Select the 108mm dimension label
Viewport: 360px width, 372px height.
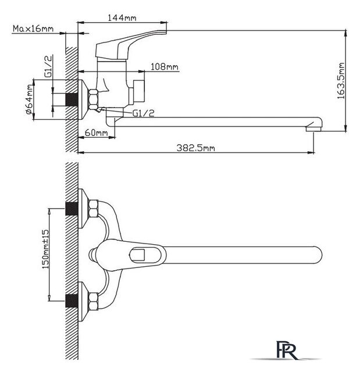pyautogui.click(x=165, y=67)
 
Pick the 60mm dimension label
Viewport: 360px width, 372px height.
pyautogui.click(x=97, y=133)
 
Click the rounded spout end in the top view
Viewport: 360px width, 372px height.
pyautogui.click(x=314, y=253)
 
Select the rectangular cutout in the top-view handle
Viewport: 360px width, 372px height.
pyautogui.click(x=141, y=253)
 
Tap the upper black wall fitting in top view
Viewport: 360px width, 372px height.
pyautogui.click(x=72, y=208)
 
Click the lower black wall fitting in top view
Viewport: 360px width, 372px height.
pyautogui.click(x=72, y=301)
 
